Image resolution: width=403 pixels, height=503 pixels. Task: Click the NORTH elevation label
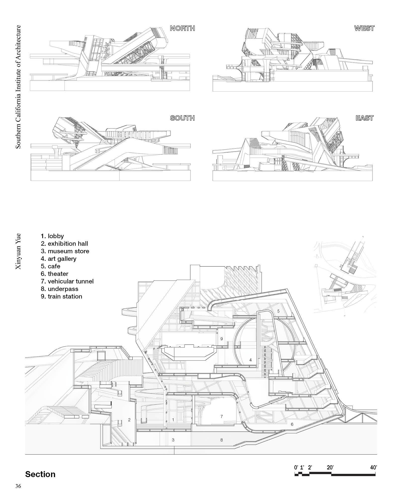point(182,28)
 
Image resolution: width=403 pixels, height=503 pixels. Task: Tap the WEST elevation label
point(364,28)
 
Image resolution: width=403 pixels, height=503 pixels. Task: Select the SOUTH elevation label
point(182,118)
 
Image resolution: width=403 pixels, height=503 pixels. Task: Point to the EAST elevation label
point(365,118)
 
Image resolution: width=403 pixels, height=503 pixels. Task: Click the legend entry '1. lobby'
point(52,236)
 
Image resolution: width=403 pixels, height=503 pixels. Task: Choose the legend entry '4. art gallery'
point(59,259)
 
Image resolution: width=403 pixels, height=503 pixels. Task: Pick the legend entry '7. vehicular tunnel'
point(67,281)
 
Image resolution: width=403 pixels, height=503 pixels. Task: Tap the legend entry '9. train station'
point(62,296)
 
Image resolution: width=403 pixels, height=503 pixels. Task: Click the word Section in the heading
point(40,474)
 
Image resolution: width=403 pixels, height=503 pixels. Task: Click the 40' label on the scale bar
point(374,468)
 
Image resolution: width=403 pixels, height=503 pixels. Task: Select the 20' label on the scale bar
point(330,468)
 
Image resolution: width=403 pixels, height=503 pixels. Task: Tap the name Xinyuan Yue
point(18,251)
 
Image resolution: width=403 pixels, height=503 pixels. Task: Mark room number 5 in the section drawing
point(278,311)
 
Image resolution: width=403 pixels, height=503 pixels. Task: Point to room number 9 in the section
point(221,339)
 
